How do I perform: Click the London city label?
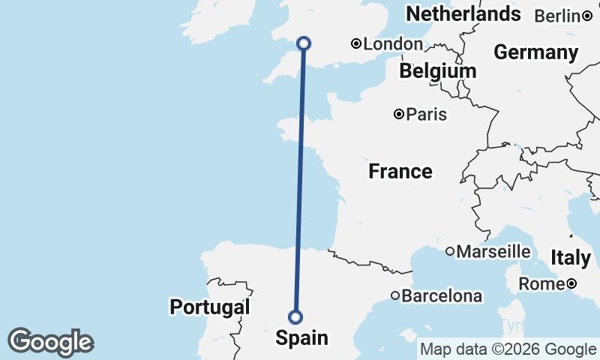393,44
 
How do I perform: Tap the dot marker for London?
357,44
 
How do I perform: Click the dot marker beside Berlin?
587,16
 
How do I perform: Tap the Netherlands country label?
463,13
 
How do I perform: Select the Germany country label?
535,52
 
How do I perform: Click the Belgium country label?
437,71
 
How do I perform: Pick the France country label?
400,172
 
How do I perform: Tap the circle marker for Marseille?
450,251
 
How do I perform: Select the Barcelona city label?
442,296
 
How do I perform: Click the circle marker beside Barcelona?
395,295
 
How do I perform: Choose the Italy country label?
571,257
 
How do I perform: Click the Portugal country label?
209,307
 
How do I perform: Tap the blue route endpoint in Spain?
295,316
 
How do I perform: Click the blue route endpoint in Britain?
304,43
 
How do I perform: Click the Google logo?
50,342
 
